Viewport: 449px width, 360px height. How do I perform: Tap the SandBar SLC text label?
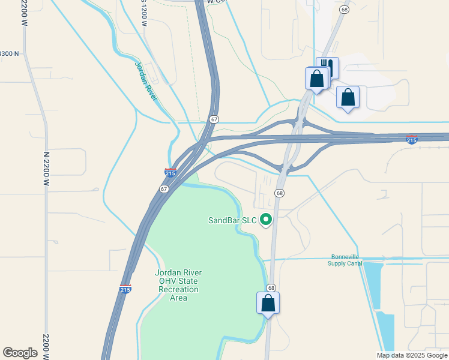click(232, 220)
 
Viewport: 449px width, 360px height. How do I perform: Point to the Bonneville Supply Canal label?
click(346, 259)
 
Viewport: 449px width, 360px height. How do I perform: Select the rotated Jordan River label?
click(146, 80)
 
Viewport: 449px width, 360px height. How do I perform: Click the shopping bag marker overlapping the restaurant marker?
click(316, 79)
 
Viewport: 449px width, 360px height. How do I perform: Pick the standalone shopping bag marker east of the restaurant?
click(348, 97)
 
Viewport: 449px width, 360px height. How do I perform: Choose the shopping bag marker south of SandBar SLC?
click(268, 303)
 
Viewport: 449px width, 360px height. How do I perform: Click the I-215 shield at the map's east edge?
click(412, 140)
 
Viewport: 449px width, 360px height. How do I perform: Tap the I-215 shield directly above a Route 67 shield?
click(170, 173)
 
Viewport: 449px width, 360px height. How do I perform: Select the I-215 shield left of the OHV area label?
click(125, 288)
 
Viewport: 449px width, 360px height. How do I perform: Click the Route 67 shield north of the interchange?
click(214, 119)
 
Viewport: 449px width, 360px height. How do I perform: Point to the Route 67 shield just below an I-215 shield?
click(164, 188)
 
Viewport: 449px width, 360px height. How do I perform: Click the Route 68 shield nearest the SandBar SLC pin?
click(280, 193)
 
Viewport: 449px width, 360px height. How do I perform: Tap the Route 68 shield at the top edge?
click(344, 10)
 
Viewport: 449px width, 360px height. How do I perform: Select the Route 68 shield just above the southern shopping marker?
click(271, 288)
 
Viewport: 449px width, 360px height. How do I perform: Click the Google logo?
click(20, 353)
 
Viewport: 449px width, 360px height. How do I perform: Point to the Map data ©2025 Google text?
click(411, 355)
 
